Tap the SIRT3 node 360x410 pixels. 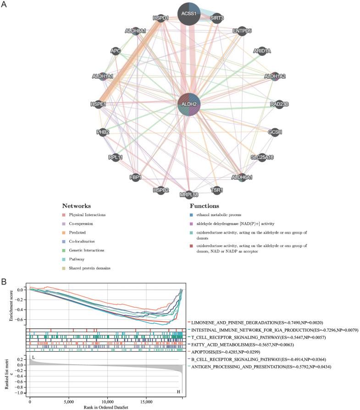click(216, 18)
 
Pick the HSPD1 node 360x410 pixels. click(159, 18)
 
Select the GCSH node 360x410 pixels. click(275, 132)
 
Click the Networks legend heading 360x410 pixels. click(77, 206)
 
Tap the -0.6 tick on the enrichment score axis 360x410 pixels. click(19, 319)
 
